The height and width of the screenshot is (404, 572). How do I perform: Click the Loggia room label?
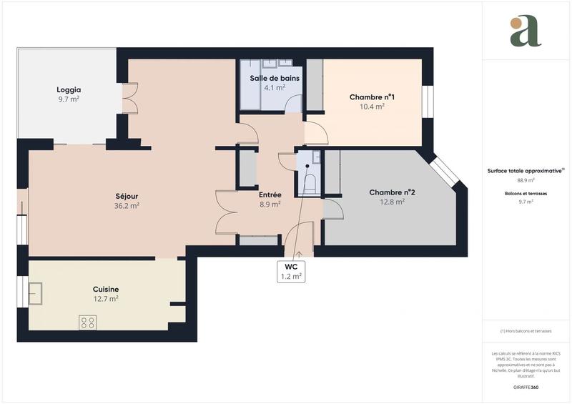pyautogui.click(x=69, y=90)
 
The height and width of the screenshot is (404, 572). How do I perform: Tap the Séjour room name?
pyautogui.click(x=127, y=196)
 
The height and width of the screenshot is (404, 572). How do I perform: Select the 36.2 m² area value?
pyautogui.click(x=127, y=206)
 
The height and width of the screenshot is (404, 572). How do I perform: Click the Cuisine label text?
pyautogui.click(x=106, y=289)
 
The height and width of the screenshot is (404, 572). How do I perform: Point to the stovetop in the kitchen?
pyautogui.click(x=88, y=322)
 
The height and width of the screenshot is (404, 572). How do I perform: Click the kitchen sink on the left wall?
pyautogui.click(x=35, y=293)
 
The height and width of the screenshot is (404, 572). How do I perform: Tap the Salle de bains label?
pyautogui.click(x=275, y=78)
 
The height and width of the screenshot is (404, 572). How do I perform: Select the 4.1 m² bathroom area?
pyautogui.click(x=275, y=88)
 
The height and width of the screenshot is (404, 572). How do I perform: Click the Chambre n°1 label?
pyautogui.click(x=372, y=97)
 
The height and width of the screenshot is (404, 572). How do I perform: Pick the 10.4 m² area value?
pyautogui.click(x=372, y=107)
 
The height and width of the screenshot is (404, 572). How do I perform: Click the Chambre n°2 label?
pyautogui.click(x=392, y=192)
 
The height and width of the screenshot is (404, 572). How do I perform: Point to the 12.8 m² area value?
pyautogui.click(x=392, y=202)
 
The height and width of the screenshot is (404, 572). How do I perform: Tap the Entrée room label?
pyautogui.click(x=270, y=194)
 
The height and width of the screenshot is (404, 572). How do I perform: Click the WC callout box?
pyautogui.click(x=291, y=271)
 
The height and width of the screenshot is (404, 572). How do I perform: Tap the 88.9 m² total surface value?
pyautogui.click(x=526, y=180)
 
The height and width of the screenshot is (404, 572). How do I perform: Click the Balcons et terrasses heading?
pyautogui.click(x=526, y=194)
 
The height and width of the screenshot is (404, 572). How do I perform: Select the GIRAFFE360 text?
pyautogui.click(x=526, y=386)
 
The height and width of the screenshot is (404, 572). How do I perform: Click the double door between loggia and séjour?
pyautogui.click(x=129, y=100)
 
